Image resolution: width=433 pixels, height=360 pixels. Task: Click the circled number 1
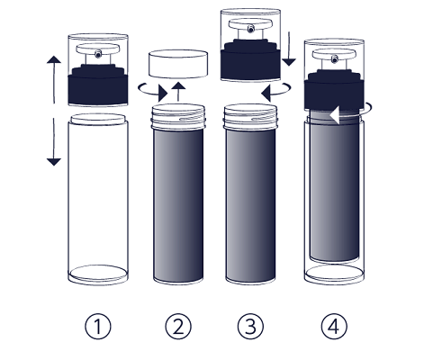tap(98, 327)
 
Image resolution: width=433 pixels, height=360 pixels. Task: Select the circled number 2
tap(178, 327)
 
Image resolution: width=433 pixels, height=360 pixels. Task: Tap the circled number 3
tap(250, 327)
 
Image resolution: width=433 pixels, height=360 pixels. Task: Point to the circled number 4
tap(334, 327)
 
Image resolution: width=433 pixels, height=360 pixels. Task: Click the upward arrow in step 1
tap(54, 79)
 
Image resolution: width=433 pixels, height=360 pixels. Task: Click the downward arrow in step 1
tap(54, 142)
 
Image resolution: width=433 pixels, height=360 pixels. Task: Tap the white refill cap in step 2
tap(178, 64)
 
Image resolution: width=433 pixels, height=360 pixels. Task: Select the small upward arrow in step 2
tap(178, 92)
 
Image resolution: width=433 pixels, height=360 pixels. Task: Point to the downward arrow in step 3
tap(289, 49)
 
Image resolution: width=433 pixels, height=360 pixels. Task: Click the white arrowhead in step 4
tap(335, 115)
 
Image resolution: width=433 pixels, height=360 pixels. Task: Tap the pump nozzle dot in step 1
tap(98, 54)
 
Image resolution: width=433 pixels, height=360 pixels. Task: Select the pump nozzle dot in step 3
tap(250, 29)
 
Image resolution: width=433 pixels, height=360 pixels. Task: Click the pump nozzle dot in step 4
tap(335, 59)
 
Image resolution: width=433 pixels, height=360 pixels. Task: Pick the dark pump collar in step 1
tap(98, 85)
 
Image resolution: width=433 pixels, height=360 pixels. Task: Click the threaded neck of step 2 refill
tap(178, 117)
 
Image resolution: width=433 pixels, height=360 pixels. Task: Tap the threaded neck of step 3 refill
tap(250, 117)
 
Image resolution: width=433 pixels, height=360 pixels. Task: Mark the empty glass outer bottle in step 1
tap(98, 199)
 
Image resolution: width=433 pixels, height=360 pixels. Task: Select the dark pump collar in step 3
tap(250, 60)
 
